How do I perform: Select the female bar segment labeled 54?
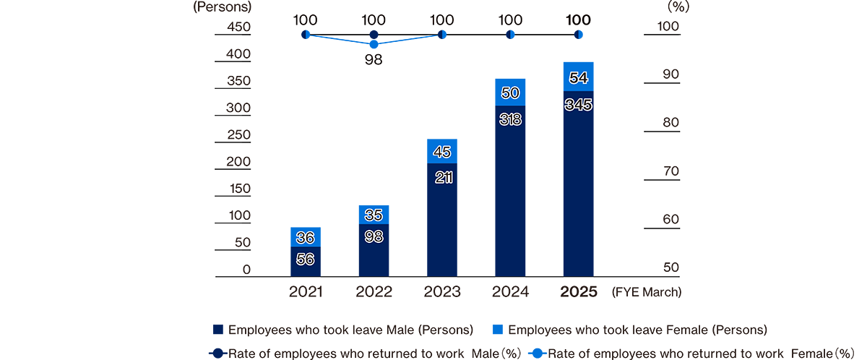(x=578, y=77)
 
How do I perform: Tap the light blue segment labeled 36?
(x=306, y=237)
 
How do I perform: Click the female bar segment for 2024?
(x=510, y=93)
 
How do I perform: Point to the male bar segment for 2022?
(x=374, y=250)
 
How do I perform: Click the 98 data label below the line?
(x=374, y=60)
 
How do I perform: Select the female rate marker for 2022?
(x=374, y=44)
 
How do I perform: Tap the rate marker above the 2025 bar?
(x=578, y=35)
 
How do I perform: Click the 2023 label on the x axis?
(x=442, y=292)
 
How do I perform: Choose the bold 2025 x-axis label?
(x=578, y=292)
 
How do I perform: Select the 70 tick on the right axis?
(x=669, y=171)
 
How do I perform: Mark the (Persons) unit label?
(x=222, y=8)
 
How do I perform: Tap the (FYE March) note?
(x=646, y=293)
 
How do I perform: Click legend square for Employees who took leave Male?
(x=217, y=330)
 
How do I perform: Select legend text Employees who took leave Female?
(x=637, y=330)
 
